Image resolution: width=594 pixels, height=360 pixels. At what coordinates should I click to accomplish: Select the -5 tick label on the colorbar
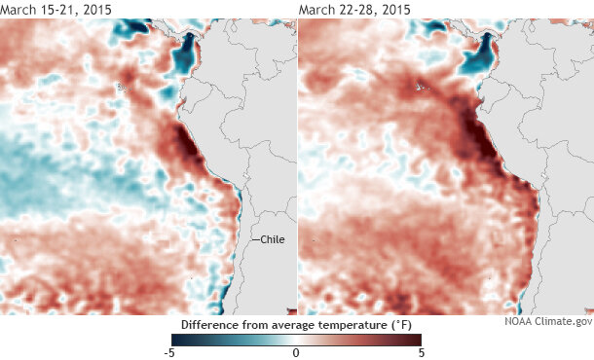coord(168,353)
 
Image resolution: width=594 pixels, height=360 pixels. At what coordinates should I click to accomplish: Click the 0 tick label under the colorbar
coord(296,353)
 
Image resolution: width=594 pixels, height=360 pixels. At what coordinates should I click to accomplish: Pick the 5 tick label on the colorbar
coord(420,353)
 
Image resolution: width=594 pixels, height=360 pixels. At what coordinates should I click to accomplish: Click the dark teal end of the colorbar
coord(177,339)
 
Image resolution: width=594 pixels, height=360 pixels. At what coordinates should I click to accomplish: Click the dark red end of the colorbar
coord(416,339)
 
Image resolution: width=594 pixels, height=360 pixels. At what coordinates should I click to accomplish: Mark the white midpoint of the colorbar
coord(296,339)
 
